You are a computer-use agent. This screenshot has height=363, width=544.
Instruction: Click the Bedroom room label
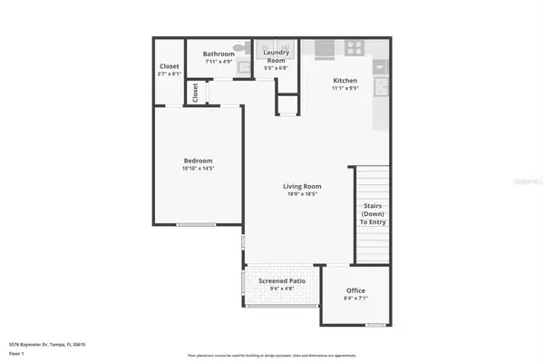pyautogui.click(x=199, y=160)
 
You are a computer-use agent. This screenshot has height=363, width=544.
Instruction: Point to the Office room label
pyautogui.click(x=355, y=290)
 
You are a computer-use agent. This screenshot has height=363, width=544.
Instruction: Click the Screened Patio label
pyautogui.click(x=282, y=281)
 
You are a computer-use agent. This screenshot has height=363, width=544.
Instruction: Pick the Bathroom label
pyautogui.click(x=219, y=54)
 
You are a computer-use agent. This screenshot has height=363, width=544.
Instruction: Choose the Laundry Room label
pyautogui.click(x=276, y=57)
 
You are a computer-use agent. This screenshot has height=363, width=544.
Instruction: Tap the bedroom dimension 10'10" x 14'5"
pyautogui.click(x=199, y=168)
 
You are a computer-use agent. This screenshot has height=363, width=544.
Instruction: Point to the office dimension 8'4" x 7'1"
pyautogui.click(x=355, y=299)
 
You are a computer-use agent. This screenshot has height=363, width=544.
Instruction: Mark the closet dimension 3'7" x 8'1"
pyautogui.click(x=169, y=74)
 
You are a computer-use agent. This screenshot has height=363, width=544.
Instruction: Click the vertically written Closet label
pyautogui.click(x=195, y=92)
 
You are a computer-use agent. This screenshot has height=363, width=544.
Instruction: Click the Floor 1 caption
pyautogui.click(x=16, y=353)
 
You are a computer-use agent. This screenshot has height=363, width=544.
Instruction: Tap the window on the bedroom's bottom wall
pyautogui.click(x=196, y=225)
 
